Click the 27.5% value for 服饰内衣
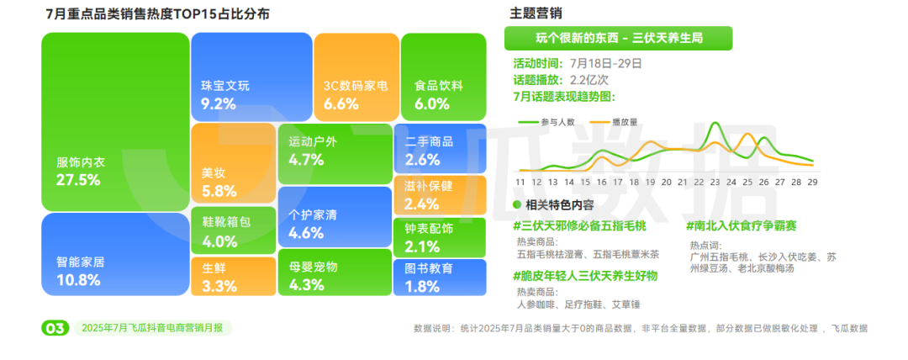tap(78, 180)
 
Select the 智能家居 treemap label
tap(81, 262)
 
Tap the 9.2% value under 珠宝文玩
tap(219, 104)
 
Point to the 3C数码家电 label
tap(356, 87)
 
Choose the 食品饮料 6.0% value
tap(432, 104)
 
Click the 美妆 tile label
tap(213, 172)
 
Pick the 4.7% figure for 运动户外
tap(306, 160)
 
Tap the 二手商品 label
tap(429, 141)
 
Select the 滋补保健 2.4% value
tap(422, 204)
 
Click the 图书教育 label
tap(429, 268)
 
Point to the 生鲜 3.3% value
tap(219, 286)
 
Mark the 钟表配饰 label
tap(429, 229)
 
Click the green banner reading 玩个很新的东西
tap(619, 39)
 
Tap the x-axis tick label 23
tap(715, 182)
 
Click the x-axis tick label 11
tap(520, 182)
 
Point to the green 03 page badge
tap(55, 328)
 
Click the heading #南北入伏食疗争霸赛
tap(742, 226)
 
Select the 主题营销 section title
tap(536, 13)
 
